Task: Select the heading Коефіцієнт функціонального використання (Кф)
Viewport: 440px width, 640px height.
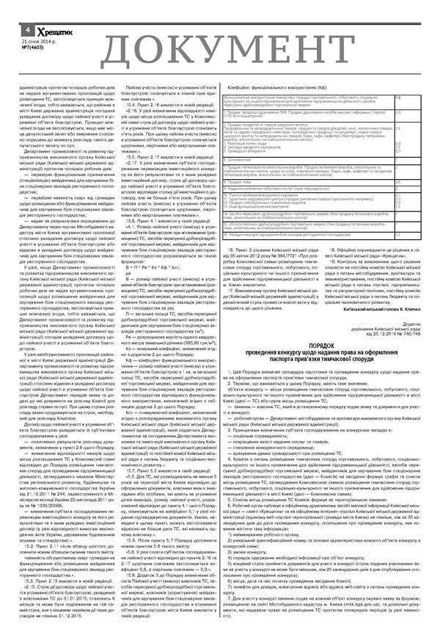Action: pyautogui.click(x=268, y=87)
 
